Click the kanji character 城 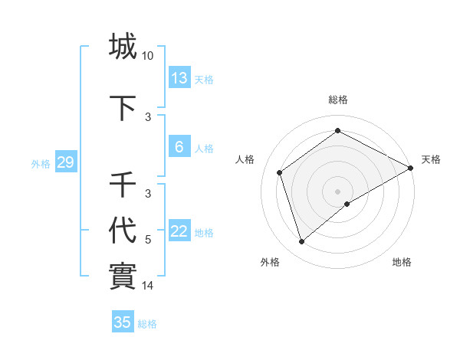pyautogui.click(x=123, y=46)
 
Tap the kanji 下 pyautogui.click(x=123, y=109)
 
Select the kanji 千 pyautogui.click(x=123, y=185)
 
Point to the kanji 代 pyautogui.click(x=123, y=230)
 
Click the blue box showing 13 pyautogui.click(x=179, y=77)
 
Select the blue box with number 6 pyautogui.click(x=179, y=147)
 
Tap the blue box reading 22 pyautogui.click(x=179, y=231)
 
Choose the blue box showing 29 pyautogui.click(x=65, y=162)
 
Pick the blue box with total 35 pyautogui.click(x=123, y=322)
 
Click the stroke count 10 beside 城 pyautogui.click(x=148, y=56)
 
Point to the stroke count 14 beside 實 pyautogui.click(x=148, y=286)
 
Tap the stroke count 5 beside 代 pyautogui.click(x=148, y=240)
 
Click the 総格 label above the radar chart pyautogui.click(x=338, y=100)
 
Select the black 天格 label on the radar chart pyautogui.click(x=431, y=159)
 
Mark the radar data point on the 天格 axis pyautogui.click(x=411, y=168)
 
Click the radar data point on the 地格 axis pyautogui.click(x=347, y=204)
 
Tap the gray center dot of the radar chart pyautogui.click(x=338, y=191)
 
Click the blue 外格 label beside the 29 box pyautogui.click(x=41, y=163)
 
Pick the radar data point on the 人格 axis pyautogui.click(x=280, y=172)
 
